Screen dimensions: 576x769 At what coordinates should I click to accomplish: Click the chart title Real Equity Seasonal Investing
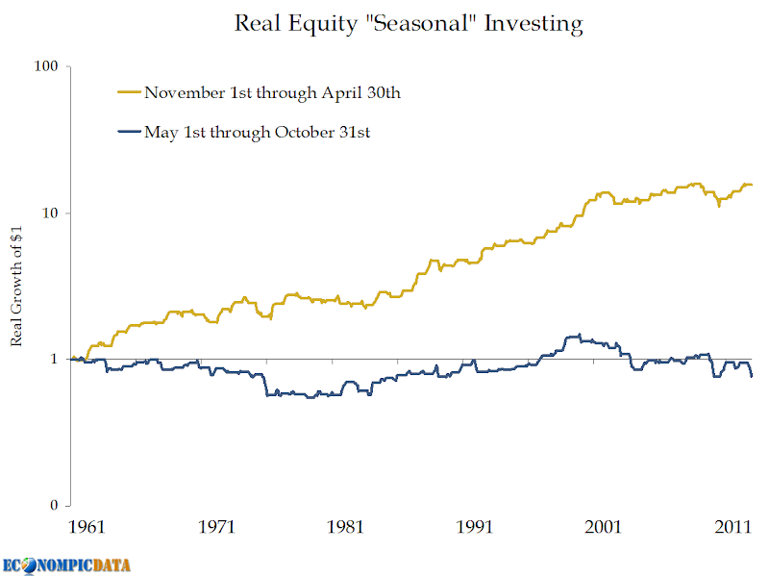tap(409, 24)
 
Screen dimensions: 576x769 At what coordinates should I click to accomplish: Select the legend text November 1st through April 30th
tap(272, 92)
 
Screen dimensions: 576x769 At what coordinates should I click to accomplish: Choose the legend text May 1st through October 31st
tap(258, 133)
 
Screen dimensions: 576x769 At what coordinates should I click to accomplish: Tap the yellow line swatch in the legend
tap(129, 93)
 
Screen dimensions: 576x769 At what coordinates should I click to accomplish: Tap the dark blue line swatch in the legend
tap(129, 133)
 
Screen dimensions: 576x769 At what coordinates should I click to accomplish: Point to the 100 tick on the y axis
tap(46, 66)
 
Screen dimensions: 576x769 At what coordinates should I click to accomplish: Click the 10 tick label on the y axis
tap(50, 213)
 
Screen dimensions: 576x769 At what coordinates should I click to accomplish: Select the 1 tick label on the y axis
tap(54, 359)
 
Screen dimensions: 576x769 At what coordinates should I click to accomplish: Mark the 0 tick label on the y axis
tap(54, 506)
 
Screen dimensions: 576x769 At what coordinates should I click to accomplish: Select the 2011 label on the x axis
tap(733, 527)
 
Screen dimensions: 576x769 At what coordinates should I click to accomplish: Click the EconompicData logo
tap(67, 564)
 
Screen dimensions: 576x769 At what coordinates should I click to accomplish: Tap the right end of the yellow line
tap(752, 185)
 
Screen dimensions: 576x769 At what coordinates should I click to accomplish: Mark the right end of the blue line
tap(752, 376)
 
